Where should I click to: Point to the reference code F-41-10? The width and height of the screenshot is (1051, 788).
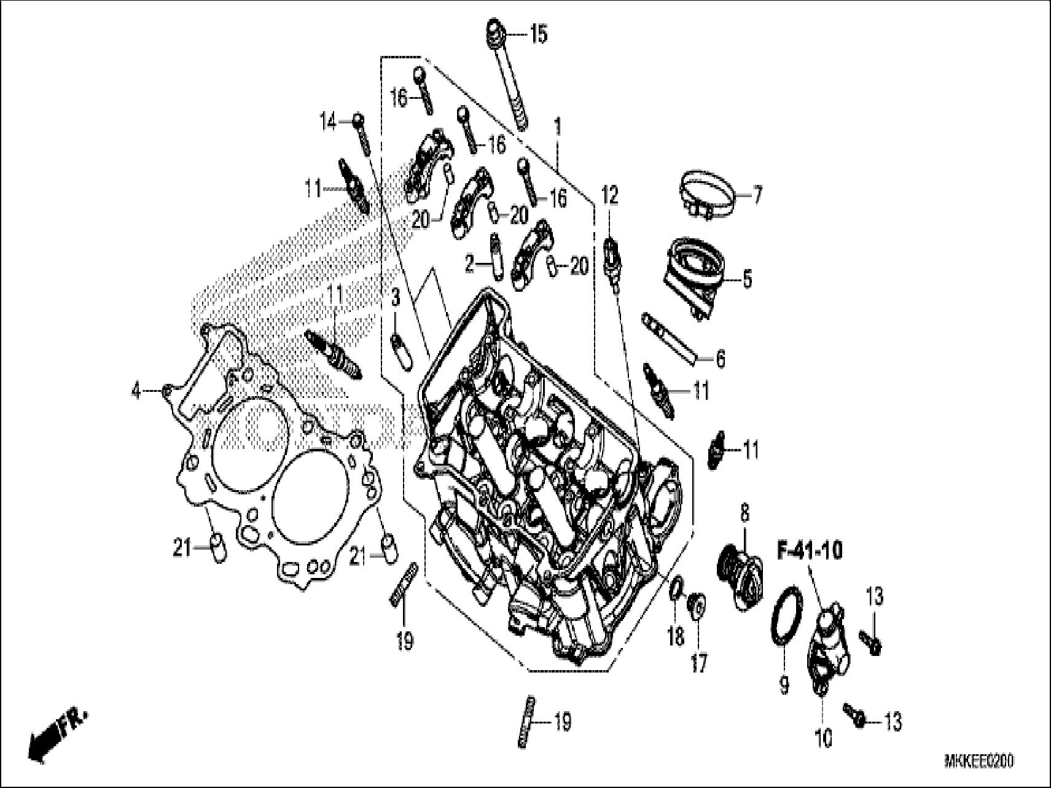[810, 551]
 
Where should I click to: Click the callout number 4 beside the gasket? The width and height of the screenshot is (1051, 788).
[136, 390]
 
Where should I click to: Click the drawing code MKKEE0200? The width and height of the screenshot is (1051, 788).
[979, 762]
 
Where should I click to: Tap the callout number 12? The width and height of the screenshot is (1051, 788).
[609, 196]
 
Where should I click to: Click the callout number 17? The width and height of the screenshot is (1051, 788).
[698, 663]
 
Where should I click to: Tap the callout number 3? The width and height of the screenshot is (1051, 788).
[396, 299]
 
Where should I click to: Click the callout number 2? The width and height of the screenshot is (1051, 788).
[470, 265]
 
